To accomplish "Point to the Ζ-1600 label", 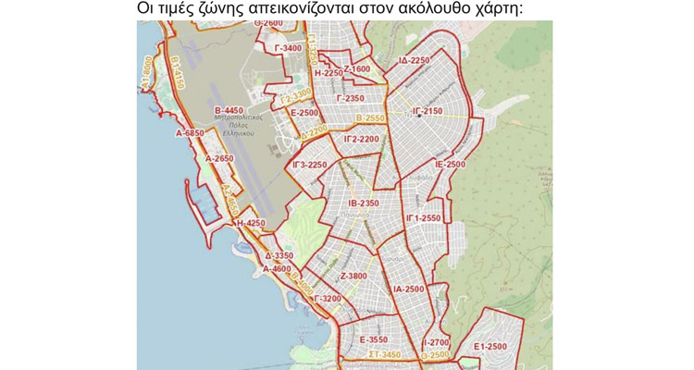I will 356,68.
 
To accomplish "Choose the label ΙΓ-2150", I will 427,110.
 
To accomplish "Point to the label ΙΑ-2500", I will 408,290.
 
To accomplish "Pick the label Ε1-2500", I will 490,346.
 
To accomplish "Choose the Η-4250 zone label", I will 250,223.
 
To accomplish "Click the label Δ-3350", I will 279,255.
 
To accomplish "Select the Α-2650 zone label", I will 218,158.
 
